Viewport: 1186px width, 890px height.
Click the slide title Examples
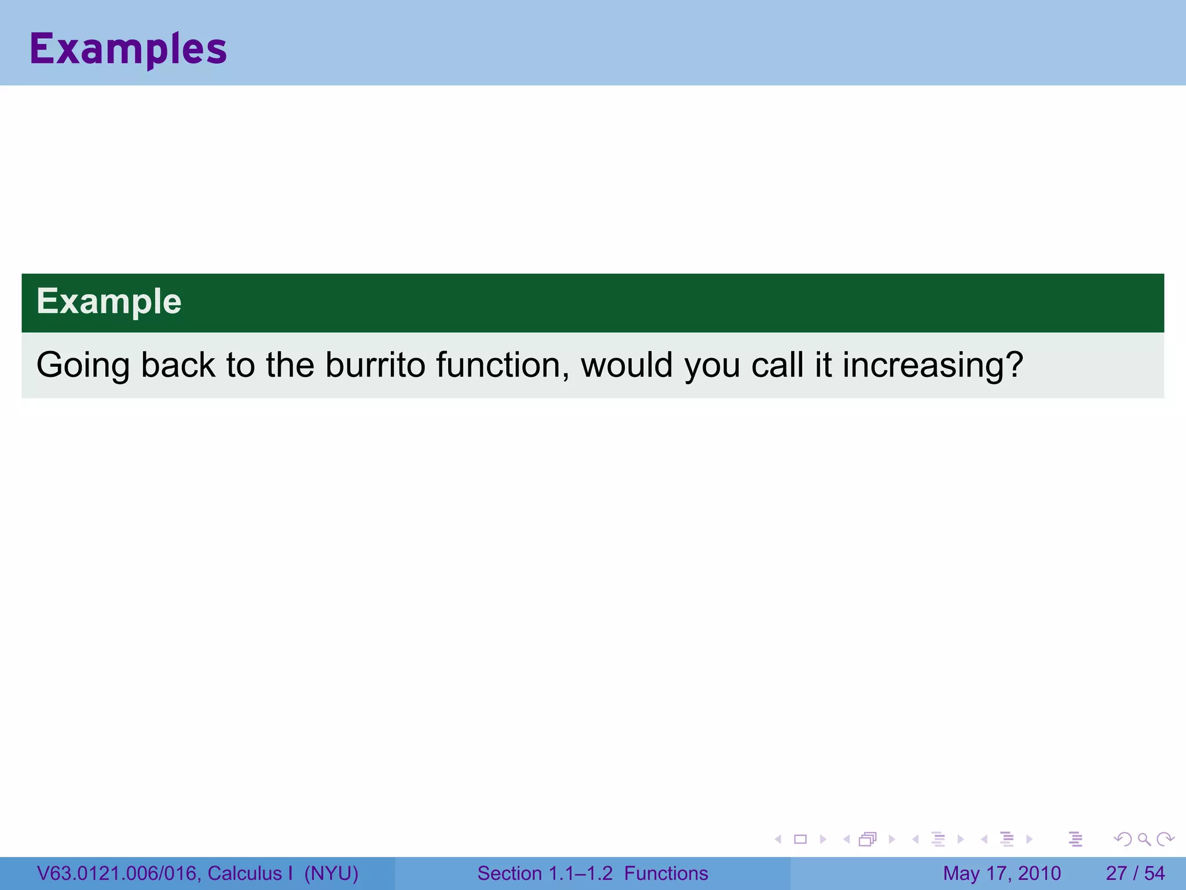128,49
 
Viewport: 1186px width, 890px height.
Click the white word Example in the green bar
109,301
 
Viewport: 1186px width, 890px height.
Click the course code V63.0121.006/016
118,873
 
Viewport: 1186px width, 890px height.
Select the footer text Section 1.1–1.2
544,873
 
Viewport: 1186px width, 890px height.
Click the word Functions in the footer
666,873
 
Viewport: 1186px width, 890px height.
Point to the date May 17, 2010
1002,873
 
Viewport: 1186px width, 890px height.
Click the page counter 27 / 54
1135,873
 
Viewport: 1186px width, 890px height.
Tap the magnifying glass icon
1144,839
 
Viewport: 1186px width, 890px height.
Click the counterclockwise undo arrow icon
1123,839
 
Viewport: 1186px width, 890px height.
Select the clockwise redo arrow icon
1165,839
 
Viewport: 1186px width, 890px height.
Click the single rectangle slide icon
800,839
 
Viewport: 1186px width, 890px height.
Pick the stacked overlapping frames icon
867,839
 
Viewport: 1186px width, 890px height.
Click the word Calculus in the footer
244,873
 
